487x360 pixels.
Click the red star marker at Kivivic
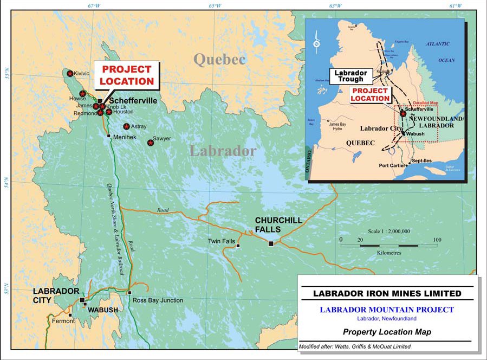tap(69, 73)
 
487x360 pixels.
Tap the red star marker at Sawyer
tap(151, 143)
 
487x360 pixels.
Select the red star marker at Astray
tap(126, 126)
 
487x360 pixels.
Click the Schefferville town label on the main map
tap(134, 101)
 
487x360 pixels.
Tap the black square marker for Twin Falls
tap(238, 246)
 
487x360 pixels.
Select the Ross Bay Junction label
tap(158, 300)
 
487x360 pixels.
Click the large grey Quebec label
tap(220, 59)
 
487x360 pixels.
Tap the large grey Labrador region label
tap(223, 151)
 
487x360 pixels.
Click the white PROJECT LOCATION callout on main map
tap(127, 75)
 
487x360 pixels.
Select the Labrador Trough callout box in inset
tap(350, 76)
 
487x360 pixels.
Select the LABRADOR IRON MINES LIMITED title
tap(387, 293)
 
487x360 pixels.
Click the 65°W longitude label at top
tap(215, 6)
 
